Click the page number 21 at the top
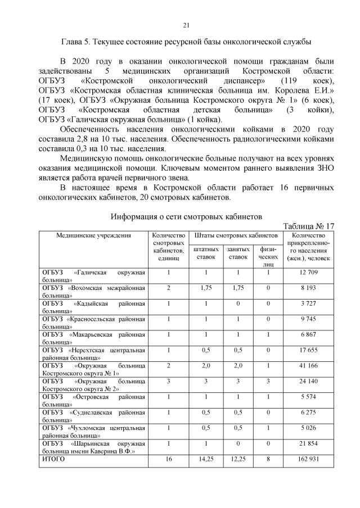coord(186,25)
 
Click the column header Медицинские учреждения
coord(93,235)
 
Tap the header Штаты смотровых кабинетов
coord(236,235)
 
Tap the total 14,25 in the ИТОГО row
coord(206,459)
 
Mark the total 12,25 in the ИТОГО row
coord(238,459)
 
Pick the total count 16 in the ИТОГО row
coord(169,459)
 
